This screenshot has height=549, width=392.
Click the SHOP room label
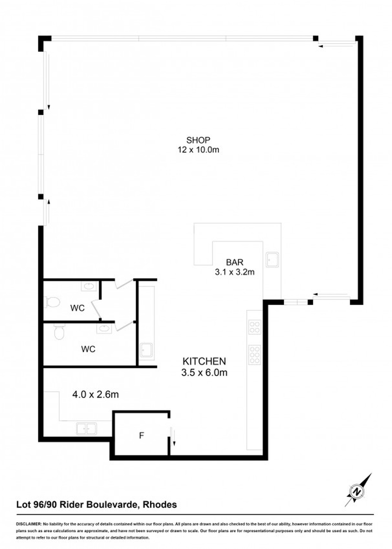pos(198,140)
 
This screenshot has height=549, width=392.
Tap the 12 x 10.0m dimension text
pos(198,150)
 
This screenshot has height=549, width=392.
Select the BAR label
pos(235,262)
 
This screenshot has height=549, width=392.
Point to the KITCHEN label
pos(204,361)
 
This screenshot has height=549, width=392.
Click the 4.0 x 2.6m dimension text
pos(95,395)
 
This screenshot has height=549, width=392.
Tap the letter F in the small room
pos(142,435)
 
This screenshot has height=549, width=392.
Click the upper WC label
pos(78,308)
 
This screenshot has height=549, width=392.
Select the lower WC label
pos(88,349)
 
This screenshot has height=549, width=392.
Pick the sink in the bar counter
pos(272,260)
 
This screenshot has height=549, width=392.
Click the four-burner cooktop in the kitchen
pos(255,327)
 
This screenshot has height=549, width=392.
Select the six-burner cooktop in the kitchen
pos(255,355)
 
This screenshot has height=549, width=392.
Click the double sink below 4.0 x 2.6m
pos(87,429)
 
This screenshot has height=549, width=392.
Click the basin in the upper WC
pos(89,286)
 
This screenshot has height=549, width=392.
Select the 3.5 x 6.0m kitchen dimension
pos(204,373)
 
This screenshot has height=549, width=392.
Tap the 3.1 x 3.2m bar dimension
pos(235,272)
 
